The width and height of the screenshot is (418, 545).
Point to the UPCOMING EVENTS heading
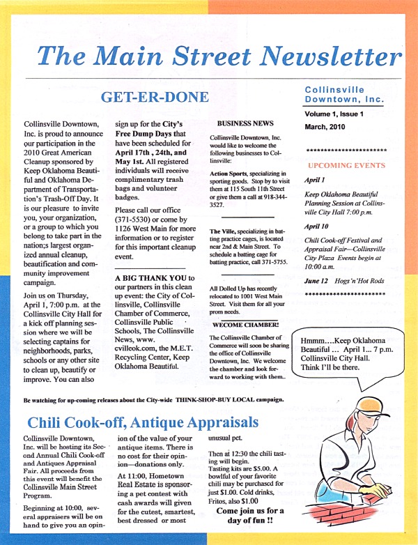pyautogui.click(x=346, y=165)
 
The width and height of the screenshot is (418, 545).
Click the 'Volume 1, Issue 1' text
pyautogui.click(x=339, y=114)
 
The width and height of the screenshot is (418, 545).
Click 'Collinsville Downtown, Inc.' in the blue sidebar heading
pyautogui.click(x=344, y=95)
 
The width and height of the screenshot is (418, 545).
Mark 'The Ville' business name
pyautogui.click(x=223, y=229)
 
